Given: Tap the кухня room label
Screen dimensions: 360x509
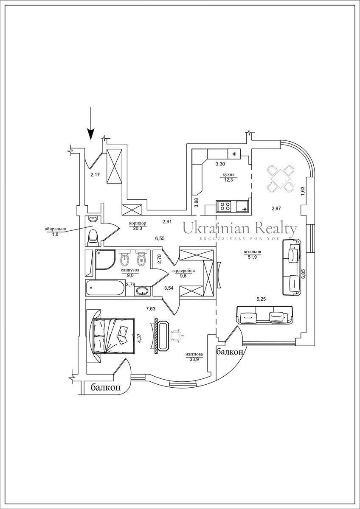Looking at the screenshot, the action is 228,175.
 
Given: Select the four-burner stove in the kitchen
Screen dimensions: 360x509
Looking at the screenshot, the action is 224,206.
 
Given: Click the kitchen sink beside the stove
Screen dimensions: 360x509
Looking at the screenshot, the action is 242,206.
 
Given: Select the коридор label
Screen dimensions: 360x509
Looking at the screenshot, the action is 138,223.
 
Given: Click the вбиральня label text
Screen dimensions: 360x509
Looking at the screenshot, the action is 55,229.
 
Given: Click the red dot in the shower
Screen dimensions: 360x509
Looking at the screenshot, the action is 98,252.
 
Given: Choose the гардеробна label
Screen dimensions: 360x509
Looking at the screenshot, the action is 183,271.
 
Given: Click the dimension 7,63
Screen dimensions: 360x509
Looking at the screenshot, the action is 151,309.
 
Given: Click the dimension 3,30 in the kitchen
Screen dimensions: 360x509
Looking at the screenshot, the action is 220,164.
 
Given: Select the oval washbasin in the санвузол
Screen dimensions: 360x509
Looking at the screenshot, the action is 142,291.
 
